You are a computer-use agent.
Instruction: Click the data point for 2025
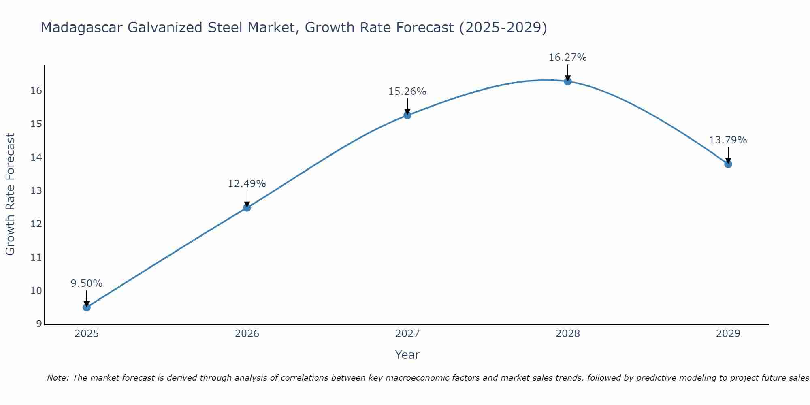coord(87,307)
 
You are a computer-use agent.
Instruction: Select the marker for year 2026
coord(247,208)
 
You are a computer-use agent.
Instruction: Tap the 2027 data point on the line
coord(407,115)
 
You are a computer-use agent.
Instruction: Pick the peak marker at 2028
coord(568,81)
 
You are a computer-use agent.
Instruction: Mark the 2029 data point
coord(728,164)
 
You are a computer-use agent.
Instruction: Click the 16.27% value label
coord(567,58)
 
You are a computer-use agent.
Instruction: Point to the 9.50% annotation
coord(87,283)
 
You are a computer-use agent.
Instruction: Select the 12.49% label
coord(247,184)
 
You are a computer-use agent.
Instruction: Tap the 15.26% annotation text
coord(407,92)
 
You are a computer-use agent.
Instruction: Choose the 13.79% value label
coord(728,140)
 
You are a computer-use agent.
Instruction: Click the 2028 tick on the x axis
coord(568,334)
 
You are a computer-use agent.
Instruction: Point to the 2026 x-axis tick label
coord(247,334)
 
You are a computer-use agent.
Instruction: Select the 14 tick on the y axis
coord(36,158)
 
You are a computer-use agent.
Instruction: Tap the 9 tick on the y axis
coord(39,324)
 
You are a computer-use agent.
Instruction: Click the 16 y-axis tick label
coord(36,91)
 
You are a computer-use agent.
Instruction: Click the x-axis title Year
coord(407,355)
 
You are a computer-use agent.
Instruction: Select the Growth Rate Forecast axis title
coord(10,194)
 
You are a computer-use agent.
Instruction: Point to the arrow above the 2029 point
coord(728,155)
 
